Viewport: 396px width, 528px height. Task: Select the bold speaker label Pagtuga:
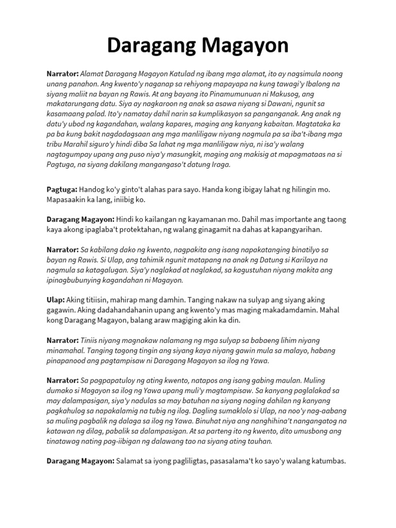[x=62, y=190]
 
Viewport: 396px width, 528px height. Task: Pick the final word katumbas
[x=324, y=461]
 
